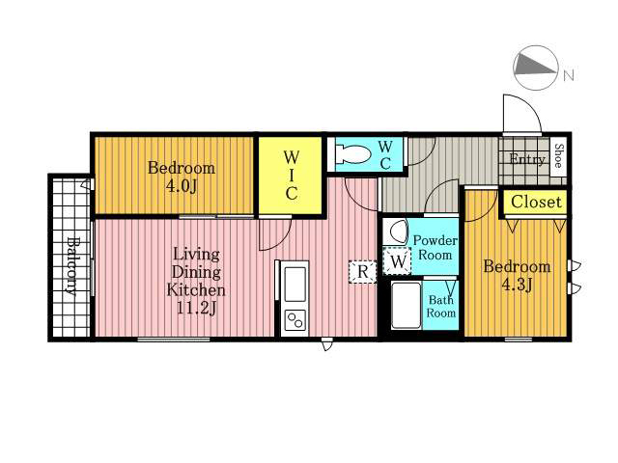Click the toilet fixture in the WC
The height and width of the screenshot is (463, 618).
[352, 154]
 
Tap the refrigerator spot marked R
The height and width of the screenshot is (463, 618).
[363, 271]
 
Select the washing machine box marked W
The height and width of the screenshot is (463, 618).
[397, 261]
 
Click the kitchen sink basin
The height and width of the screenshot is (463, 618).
[295, 285]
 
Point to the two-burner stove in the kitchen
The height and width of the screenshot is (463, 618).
[295, 320]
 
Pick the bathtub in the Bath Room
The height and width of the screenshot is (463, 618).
[406, 305]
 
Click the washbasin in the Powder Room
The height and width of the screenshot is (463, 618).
[396, 232]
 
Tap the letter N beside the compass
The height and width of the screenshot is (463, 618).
[568, 75]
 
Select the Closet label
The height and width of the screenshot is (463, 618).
[536, 202]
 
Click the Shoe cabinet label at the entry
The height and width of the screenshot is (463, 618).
[558, 156]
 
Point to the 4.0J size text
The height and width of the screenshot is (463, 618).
[182, 186]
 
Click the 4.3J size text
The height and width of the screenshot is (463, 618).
[517, 285]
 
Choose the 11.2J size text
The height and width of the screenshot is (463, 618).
[196, 309]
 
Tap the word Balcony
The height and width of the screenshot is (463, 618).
[71, 266]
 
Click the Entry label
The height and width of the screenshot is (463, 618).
[527, 159]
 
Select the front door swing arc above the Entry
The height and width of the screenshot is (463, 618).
[528, 105]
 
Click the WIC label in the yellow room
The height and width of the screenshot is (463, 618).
[292, 176]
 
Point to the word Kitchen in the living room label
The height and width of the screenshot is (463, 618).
[196, 290]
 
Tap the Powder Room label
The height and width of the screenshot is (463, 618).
[435, 247]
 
